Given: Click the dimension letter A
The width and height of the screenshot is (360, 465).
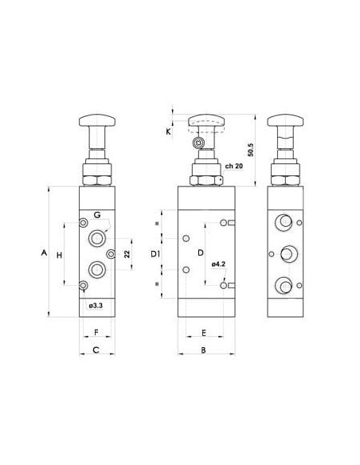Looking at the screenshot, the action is [x=44, y=253].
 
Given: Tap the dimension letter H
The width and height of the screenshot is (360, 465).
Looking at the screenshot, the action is [x=59, y=255].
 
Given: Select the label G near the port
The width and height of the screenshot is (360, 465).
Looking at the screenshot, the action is [x=97, y=215].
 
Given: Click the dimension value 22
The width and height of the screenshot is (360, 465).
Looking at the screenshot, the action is [x=127, y=254].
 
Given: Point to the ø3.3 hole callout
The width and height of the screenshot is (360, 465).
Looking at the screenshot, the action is [x=96, y=305].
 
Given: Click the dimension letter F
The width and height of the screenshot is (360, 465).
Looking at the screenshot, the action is [x=96, y=333].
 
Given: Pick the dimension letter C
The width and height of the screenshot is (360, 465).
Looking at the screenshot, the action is [x=96, y=350].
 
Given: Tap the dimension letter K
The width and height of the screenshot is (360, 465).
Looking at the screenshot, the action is [x=168, y=131].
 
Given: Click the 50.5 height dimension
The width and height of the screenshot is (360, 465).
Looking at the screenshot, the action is [x=251, y=150].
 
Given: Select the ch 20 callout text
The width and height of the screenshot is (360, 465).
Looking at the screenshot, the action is [x=234, y=166].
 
